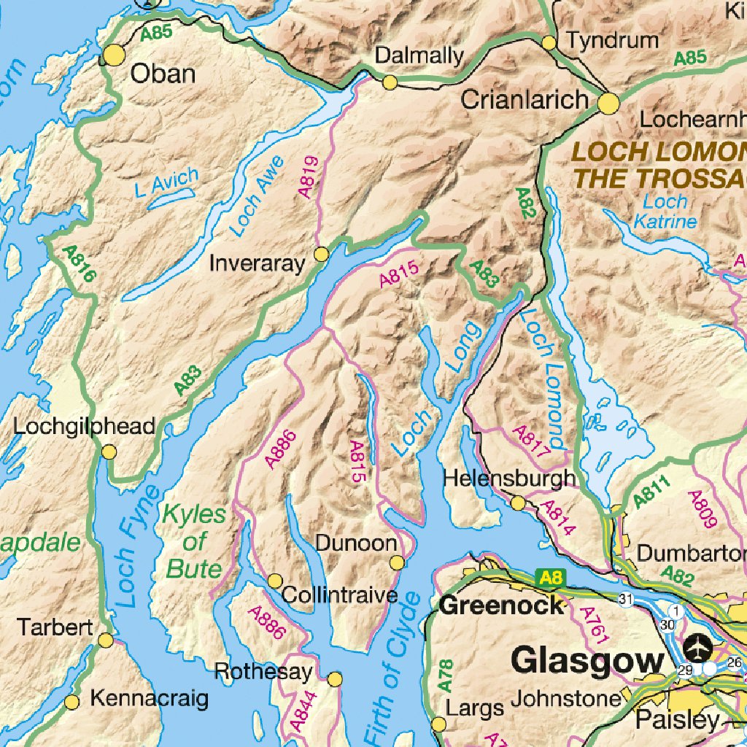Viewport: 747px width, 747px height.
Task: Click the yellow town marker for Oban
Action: point(115,55)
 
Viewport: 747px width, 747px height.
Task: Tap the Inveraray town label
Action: point(256,263)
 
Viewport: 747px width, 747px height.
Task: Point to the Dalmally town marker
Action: point(390,82)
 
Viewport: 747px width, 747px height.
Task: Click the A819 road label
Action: point(309,177)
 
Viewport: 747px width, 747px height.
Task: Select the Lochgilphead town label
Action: point(85,426)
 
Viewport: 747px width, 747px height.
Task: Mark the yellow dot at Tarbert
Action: point(106,640)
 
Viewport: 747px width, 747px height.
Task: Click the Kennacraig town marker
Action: point(71,702)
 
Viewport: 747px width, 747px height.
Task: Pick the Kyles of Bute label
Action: point(194,541)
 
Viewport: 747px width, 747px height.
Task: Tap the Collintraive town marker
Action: point(275,581)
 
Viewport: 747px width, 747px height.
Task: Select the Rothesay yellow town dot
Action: point(335,679)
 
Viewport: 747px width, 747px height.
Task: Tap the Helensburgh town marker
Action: point(517,503)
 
